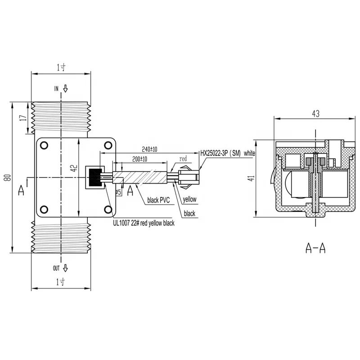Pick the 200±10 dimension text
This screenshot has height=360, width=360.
[x=142, y=159]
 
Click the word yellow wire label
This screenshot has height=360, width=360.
[x=189, y=198]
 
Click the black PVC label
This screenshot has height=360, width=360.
[x=158, y=200]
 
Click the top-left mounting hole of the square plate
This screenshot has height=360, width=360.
[x=44, y=145]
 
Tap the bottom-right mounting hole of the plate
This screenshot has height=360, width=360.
[x=108, y=209]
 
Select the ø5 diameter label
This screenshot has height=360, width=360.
[x=119, y=192]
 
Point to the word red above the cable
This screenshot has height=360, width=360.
[x=183, y=159]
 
